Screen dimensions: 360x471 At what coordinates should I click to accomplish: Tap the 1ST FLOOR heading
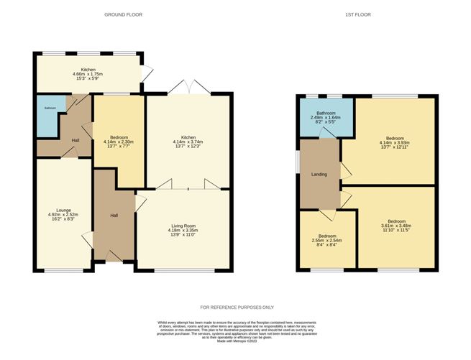point(365,15)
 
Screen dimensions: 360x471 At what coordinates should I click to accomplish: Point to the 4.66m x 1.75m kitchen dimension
point(89,73)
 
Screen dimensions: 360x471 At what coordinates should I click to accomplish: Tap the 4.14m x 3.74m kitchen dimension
point(188,142)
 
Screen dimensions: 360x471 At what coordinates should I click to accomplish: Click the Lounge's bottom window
point(64,269)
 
